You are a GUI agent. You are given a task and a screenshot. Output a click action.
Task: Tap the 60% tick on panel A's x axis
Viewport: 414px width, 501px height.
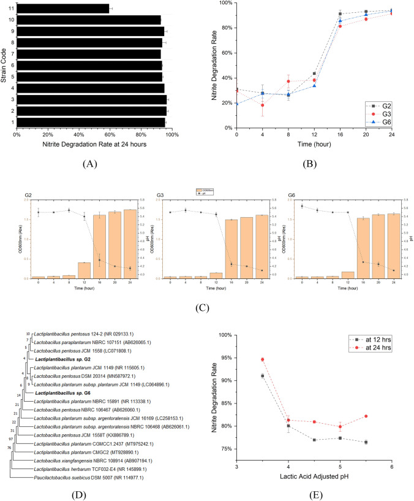click(110, 134)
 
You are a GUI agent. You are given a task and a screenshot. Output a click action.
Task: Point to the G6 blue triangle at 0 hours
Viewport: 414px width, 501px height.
click(236, 103)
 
